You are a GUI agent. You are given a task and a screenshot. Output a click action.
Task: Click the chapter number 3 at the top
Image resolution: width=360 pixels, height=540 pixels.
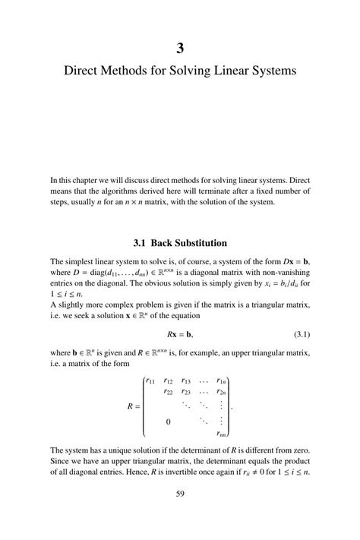coord(180,49)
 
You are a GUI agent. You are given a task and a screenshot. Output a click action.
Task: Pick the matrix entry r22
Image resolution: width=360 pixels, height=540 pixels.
coord(169,392)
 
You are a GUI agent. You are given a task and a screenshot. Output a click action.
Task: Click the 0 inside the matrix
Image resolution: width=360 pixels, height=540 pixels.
coord(168,421)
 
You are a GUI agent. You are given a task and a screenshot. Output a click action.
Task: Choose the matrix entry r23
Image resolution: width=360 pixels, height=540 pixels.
coord(187,392)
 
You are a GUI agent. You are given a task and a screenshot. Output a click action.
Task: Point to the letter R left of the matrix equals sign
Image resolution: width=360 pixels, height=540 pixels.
coord(130,406)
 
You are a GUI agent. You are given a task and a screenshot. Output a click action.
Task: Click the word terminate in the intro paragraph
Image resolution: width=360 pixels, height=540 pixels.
coord(217,191)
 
